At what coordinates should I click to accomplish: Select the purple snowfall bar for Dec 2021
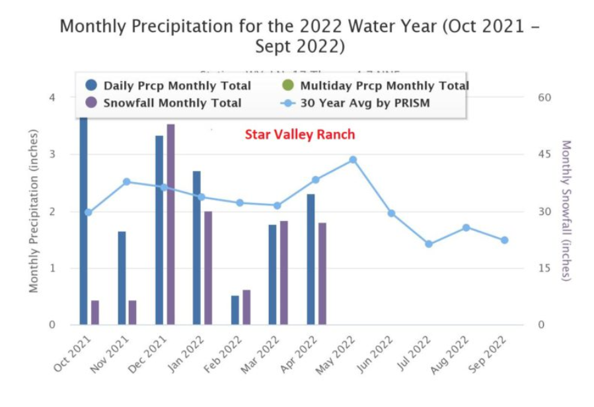pos(170,224)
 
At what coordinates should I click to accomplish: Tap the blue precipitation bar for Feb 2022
pos(235,310)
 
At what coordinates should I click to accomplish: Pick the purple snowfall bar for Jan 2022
pos(208,268)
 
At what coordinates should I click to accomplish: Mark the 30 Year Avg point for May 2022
pos(353,160)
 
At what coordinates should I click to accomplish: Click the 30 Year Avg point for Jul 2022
pos(429,244)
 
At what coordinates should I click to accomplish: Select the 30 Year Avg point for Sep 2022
pos(504,240)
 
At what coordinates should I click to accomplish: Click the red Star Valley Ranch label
pos(300,135)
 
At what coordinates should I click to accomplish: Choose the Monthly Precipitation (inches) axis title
pos(34,210)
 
